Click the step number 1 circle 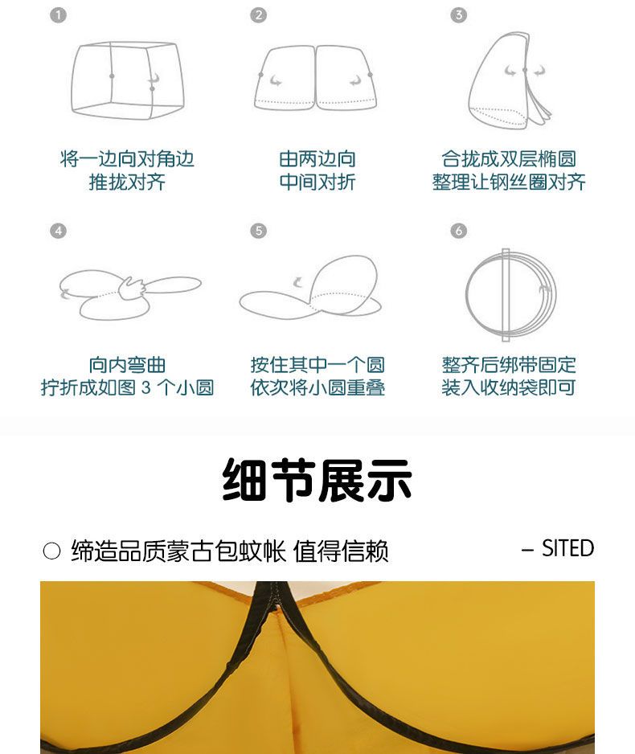58,15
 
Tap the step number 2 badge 258,15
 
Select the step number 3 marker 458,15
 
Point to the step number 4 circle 58,231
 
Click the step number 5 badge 258,231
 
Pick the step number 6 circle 458,231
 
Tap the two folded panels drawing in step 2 316,77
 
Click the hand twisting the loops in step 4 131,288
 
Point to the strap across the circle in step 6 506,295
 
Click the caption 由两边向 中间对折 317,170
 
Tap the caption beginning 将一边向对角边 127,170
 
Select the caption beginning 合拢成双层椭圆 509,170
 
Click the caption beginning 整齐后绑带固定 509,376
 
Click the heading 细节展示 317,480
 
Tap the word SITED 567,548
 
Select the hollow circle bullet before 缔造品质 51,551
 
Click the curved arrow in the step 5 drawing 298,282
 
